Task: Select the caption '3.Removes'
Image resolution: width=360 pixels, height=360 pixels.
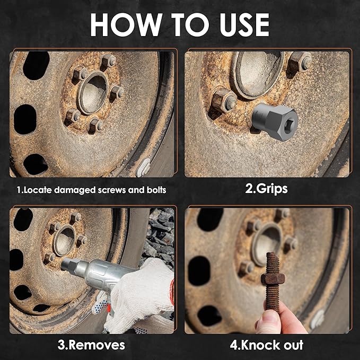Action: (x=91, y=345)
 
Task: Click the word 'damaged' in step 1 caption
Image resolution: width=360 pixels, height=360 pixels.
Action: (x=68, y=189)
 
